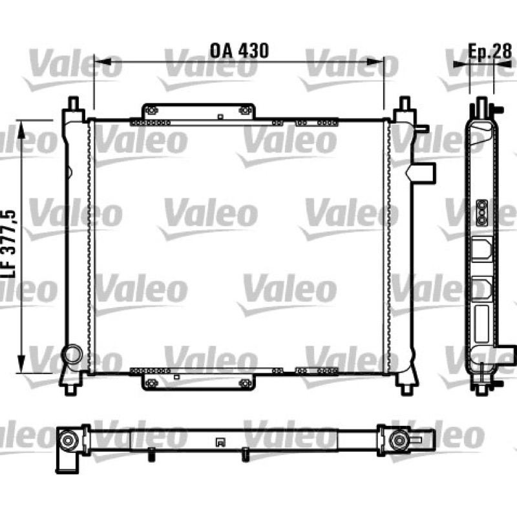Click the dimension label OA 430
[x=239, y=50]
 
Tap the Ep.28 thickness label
[x=490, y=51]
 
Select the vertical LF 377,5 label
[x=9, y=244]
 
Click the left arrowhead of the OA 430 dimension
[x=102, y=61]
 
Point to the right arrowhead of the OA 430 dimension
[x=375, y=61]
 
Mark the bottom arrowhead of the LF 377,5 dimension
[x=21, y=364]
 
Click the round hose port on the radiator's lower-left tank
[x=73, y=354]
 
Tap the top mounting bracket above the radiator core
[x=198, y=111]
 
